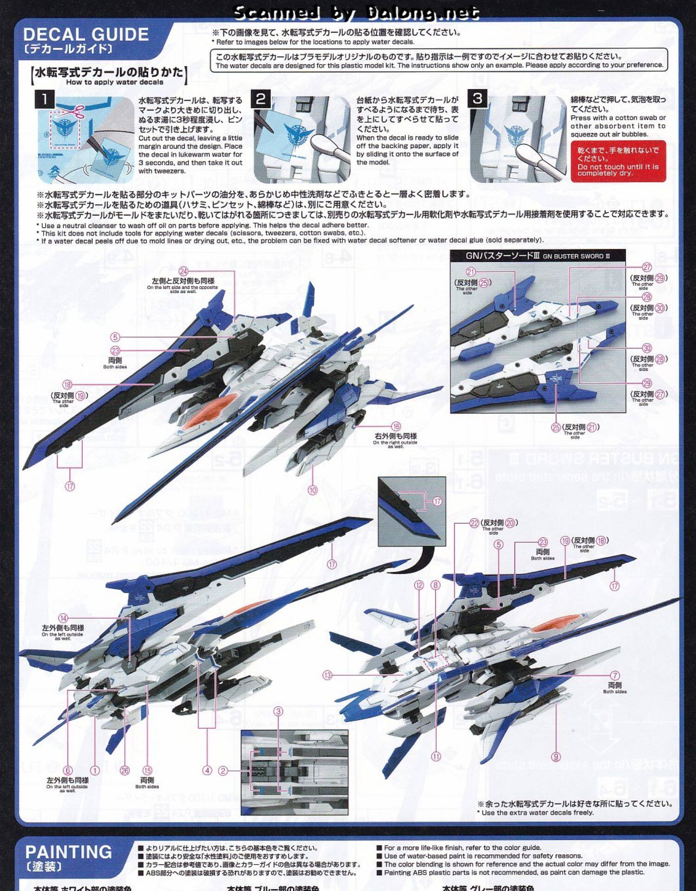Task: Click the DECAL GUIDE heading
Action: [x=86, y=34]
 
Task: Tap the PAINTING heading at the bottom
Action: [x=69, y=852]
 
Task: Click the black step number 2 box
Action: [x=261, y=98]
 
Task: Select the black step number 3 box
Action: [x=477, y=98]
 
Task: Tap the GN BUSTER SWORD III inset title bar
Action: [x=538, y=256]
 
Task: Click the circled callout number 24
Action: [x=184, y=271]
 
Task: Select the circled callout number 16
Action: [x=396, y=426]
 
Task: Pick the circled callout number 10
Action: [x=313, y=490]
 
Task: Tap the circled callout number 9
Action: [x=556, y=756]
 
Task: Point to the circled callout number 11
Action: [x=436, y=756]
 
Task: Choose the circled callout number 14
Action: [x=63, y=618]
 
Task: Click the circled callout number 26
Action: [x=125, y=770]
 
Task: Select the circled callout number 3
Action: [x=278, y=711]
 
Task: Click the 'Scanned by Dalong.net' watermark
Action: [x=356, y=13]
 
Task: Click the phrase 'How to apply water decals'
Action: [x=115, y=82]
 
